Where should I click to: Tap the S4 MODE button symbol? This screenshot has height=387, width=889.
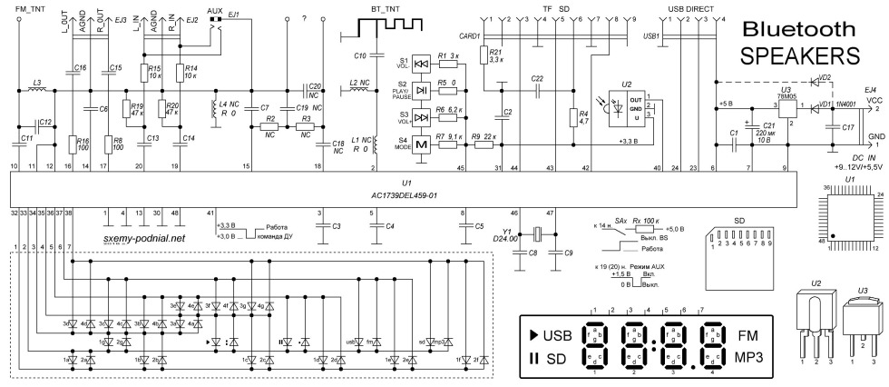click(421, 146)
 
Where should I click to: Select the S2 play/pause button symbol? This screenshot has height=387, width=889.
click(421, 89)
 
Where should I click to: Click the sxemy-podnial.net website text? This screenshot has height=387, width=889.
click(145, 239)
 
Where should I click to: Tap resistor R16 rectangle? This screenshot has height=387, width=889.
click(71, 144)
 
